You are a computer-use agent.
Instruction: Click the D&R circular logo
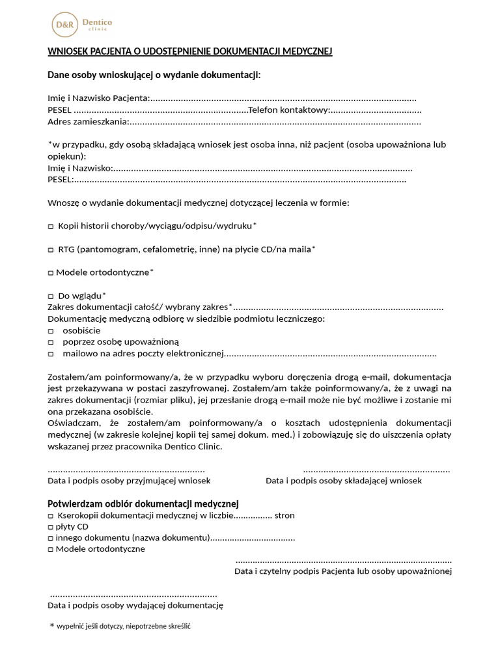click(64, 25)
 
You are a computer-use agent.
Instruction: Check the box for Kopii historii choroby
click(51, 226)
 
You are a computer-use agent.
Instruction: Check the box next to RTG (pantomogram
click(51, 249)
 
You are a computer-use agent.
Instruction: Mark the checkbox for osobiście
click(51, 331)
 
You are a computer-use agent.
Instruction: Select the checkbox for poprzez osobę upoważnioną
click(51, 342)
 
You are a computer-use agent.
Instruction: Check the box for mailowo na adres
click(51, 354)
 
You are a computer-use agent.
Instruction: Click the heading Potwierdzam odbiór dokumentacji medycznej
click(143, 504)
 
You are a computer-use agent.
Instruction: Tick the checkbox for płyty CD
click(50, 526)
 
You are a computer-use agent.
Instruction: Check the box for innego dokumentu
click(50, 538)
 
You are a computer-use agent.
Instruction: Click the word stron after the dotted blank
click(284, 515)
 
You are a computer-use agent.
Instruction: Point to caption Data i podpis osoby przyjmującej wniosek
click(129, 481)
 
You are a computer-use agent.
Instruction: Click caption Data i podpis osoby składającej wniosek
click(343, 481)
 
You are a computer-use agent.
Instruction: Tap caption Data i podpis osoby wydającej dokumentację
click(135, 606)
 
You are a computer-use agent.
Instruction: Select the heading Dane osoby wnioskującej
click(154, 76)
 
